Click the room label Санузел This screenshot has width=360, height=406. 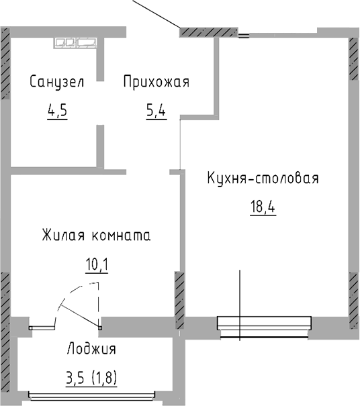tap(56, 82)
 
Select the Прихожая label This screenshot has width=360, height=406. tap(156, 82)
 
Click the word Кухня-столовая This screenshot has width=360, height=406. tap(262, 179)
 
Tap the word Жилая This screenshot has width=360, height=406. tap(60, 236)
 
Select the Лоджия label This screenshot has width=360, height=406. tap(92, 349)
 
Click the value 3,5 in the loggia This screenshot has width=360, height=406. tap(75, 377)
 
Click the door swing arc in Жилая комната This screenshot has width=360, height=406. tap(72, 293)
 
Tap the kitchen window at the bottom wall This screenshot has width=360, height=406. tap(264, 323)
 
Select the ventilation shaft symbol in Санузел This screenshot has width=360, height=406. tap(76, 42)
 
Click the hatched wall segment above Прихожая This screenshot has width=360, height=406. tap(208, 32)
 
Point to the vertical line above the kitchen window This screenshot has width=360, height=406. tap(240, 292)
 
